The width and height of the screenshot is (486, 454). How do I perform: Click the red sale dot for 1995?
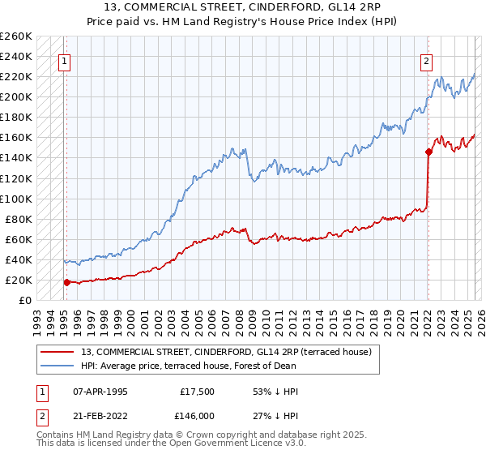[66, 282]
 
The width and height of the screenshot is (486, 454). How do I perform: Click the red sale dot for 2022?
[428, 151]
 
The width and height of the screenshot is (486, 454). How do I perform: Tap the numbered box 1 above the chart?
[64, 59]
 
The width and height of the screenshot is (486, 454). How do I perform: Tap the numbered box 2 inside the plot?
[426, 59]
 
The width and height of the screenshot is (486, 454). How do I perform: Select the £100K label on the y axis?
[16, 199]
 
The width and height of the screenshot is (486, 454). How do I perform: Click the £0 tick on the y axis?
[26, 300]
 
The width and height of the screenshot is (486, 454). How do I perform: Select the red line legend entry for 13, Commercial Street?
[226, 351]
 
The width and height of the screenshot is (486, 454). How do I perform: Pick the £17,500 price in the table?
[197, 391]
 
